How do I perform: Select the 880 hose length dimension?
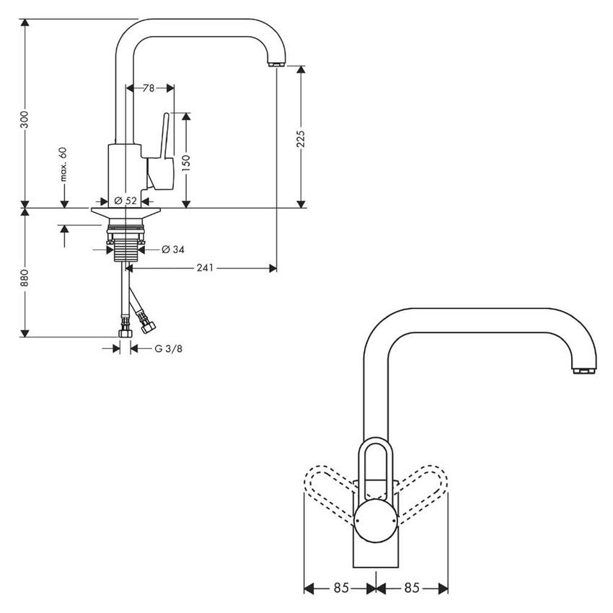(25, 278)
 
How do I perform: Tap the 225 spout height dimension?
(301, 136)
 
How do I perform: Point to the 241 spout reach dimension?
(204, 268)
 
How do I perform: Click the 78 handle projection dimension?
(149, 88)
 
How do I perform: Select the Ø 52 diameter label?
(125, 201)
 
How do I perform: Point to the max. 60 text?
(63, 164)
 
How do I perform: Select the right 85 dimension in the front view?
(411, 588)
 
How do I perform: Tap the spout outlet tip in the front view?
(583, 371)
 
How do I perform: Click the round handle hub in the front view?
(375, 521)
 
